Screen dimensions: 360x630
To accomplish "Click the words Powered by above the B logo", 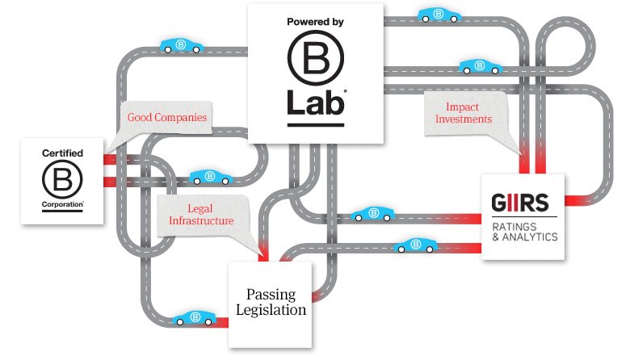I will [x=315, y=23].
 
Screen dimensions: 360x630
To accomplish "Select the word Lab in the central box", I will [x=315, y=103].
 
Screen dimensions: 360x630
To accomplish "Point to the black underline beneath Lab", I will [x=315, y=125].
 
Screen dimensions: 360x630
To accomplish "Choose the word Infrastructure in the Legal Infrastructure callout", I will [x=200, y=220].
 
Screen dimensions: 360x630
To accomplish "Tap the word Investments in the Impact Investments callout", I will [x=464, y=119].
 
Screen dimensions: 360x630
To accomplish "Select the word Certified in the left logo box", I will [x=62, y=152].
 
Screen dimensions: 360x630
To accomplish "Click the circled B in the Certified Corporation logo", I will [x=62, y=178].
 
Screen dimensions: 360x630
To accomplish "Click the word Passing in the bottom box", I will [x=271, y=294].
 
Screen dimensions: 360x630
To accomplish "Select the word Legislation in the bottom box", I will [x=271, y=309].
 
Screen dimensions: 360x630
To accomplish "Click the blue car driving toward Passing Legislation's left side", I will [x=194, y=318].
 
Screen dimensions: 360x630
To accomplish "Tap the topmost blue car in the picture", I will [x=439, y=14].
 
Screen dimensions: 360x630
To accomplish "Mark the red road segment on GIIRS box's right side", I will [x=577, y=199].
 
